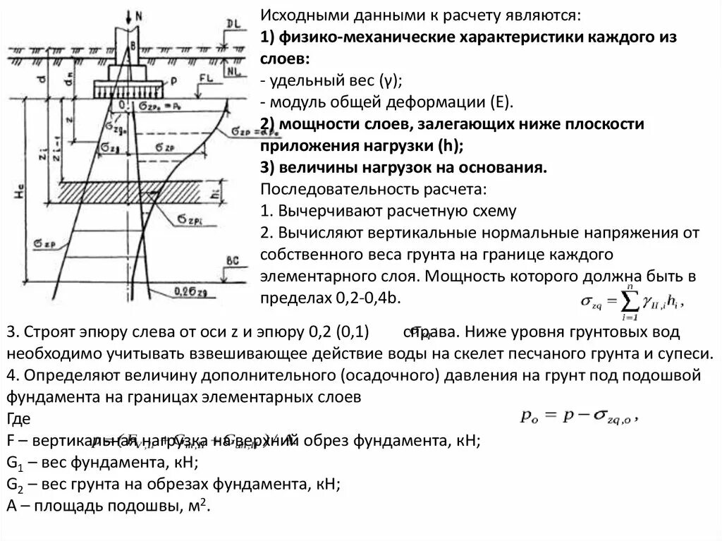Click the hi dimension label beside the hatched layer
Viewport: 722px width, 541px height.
(x=223, y=191)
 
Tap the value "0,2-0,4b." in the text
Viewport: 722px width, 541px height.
(x=367, y=298)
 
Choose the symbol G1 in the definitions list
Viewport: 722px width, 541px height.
(x=14, y=463)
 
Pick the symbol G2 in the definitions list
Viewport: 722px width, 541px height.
(x=14, y=485)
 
